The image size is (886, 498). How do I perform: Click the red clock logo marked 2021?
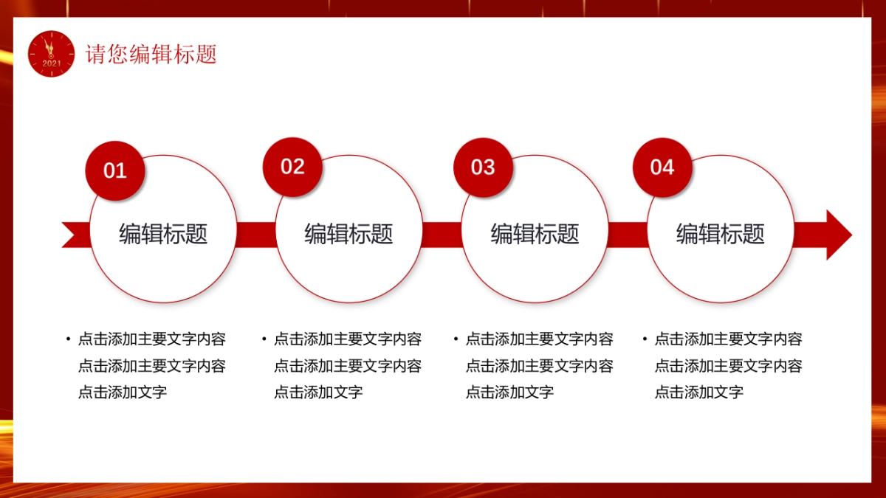click(x=52, y=54)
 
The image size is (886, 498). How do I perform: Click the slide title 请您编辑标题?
click(x=151, y=55)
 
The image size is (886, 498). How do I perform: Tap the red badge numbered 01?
click(x=115, y=170)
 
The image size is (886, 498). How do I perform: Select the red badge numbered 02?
click(x=292, y=167)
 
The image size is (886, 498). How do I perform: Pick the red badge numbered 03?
click(x=483, y=167)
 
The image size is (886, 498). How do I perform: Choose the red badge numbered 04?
click(x=662, y=167)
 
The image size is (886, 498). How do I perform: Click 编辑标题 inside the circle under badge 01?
click(x=163, y=234)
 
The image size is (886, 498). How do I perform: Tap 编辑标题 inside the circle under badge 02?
click(x=349, y=234)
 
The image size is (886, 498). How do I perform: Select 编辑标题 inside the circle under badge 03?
click(x=535, y=234)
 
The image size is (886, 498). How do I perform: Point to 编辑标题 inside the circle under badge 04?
click(x=721, y=234)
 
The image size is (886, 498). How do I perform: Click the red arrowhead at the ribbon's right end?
click(x=837, y=235)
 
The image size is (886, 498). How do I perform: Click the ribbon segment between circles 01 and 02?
click(x=256, y=235)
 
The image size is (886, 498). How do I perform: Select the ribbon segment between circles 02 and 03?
click(x=442, y=235)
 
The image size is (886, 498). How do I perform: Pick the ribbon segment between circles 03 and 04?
click(x=628, y=235)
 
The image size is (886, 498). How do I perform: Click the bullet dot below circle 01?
click(x=69, y=339)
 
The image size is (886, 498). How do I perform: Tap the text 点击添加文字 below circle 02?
click(x=318, y=392)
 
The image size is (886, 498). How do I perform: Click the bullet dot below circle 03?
click(x=456, y=339)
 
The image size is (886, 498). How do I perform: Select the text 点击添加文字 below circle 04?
click(x=699, y=392)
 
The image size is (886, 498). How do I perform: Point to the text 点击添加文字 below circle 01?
click(x=123, y=392)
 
